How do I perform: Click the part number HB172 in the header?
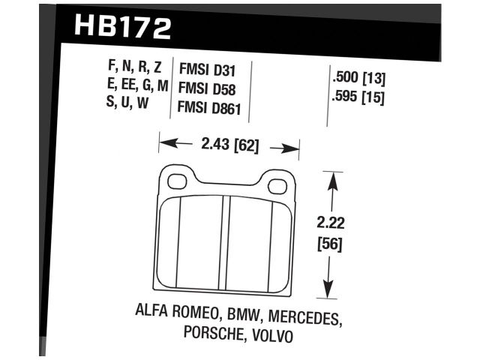point(123,27)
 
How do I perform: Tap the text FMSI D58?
point(207,89)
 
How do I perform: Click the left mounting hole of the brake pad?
point(178,181)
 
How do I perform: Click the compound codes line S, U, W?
point(128,103)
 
